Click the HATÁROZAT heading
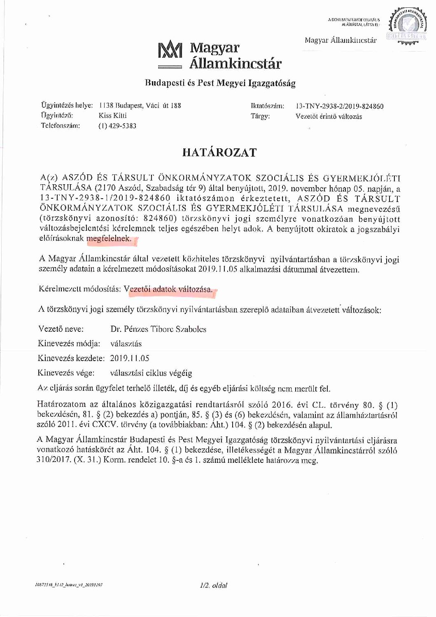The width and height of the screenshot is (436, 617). tap(219, 152)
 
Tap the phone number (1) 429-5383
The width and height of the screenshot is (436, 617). tap(117, 126)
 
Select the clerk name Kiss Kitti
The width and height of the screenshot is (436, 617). tap(113, 116)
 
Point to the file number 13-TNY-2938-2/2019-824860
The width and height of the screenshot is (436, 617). tap(340, 106)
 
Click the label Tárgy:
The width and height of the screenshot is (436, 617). tap(260, 116)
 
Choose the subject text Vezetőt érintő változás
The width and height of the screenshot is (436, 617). tap(329, 116)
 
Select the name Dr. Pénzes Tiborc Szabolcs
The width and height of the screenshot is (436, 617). tap(159, 329)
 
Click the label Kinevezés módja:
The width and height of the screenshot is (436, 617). tap(69, 344)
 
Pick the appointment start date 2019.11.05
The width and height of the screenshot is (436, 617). tap(130, 358)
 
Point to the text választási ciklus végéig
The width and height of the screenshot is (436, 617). tap(151, 373)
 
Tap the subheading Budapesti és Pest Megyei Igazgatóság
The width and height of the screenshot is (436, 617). tap(220, 83)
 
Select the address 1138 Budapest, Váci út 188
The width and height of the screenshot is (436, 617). tap(140, 106)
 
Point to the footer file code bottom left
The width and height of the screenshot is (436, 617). tap(69, 585)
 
